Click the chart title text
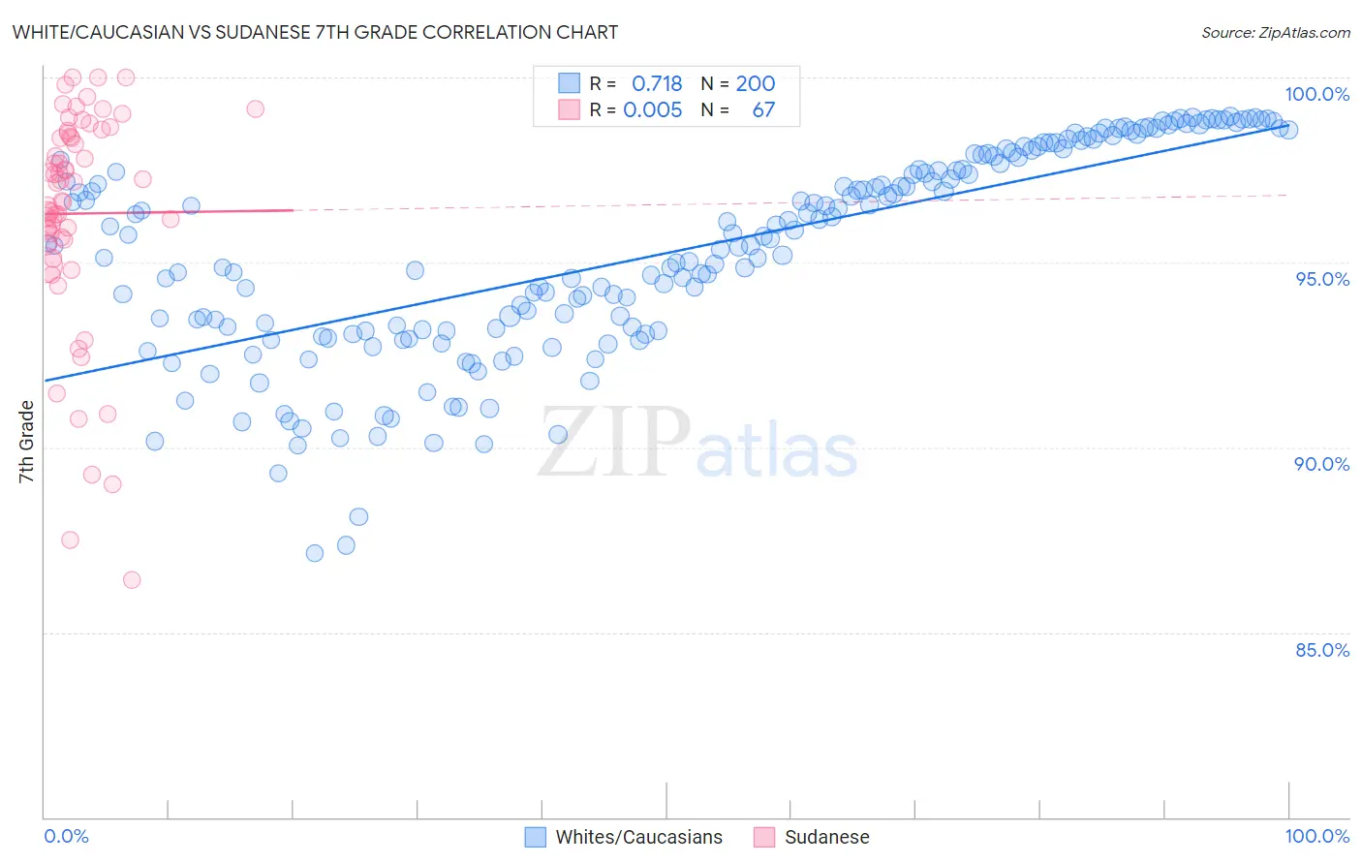pyautogui.click(x=315, y=32)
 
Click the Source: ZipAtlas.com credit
pyautogui.click(x=1275, y=32)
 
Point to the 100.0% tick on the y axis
pyautogui.click(x=1316, y=94)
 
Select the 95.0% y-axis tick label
pyautogui.click(x=1321, y=279)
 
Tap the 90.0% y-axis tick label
pyautogui.click(x=1321, y=464)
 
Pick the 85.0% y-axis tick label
pyautogui.click(x=1321, y=650)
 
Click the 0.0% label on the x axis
pyautogui.click(x=66, y=836)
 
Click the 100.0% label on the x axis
pyautogui.click(x=1316, y=836)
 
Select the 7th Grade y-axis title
pyautogui.click(x=26, y=441)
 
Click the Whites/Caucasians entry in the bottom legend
pyautogui.click(x=638, y=837)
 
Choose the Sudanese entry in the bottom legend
pyautogui.click(x=826, y=837)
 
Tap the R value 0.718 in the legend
pyautogui.click(x=657, y=84)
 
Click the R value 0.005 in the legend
pyautogui.click(x=652, y=110)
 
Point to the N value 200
pyautogui.click(x=756, y=84)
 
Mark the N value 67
pyautogui.click(x=763, y=110)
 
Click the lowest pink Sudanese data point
pyautogui.click(x=132, y=580)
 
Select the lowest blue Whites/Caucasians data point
pyautogui.click(x=315, y=553)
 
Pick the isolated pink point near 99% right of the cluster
pyautogui.click(x=255, y=108)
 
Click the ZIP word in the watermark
pyautogui.click(x=614, y=443)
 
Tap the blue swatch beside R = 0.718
pyautogui.click(x=569, y=83)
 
